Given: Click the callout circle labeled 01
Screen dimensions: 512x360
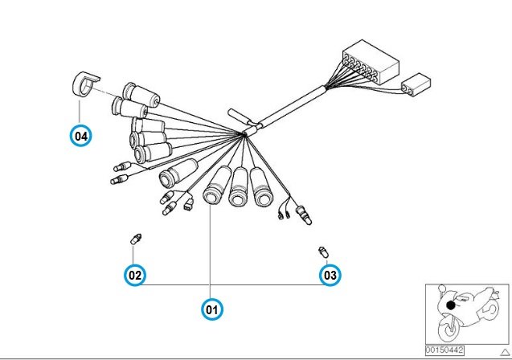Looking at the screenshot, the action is tap(212, 309).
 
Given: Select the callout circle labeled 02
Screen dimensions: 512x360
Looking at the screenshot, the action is tap(135, 275).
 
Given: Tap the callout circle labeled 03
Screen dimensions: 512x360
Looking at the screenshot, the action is tap(330, 275).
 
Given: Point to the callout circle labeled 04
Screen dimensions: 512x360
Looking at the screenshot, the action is tap(81, 136).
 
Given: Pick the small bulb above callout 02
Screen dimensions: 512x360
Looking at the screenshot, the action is tap(135, 239).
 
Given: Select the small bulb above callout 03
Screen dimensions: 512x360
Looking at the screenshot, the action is tap(323, 252).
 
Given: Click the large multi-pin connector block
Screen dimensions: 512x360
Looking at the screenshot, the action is tap(371, 61).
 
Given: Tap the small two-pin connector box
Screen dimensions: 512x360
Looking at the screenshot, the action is tap(416, 84).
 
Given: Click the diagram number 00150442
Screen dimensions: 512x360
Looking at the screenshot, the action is tap(444, 350).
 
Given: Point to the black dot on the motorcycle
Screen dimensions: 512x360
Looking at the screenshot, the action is tap(451, 305).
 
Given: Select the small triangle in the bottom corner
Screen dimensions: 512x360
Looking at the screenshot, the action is tap(505, 352).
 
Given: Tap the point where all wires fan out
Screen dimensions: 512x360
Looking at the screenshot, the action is tap(244, 133).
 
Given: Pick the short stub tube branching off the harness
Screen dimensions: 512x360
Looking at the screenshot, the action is tap(239, 117).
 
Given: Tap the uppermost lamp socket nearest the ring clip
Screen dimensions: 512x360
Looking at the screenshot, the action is tap(141, 94).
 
